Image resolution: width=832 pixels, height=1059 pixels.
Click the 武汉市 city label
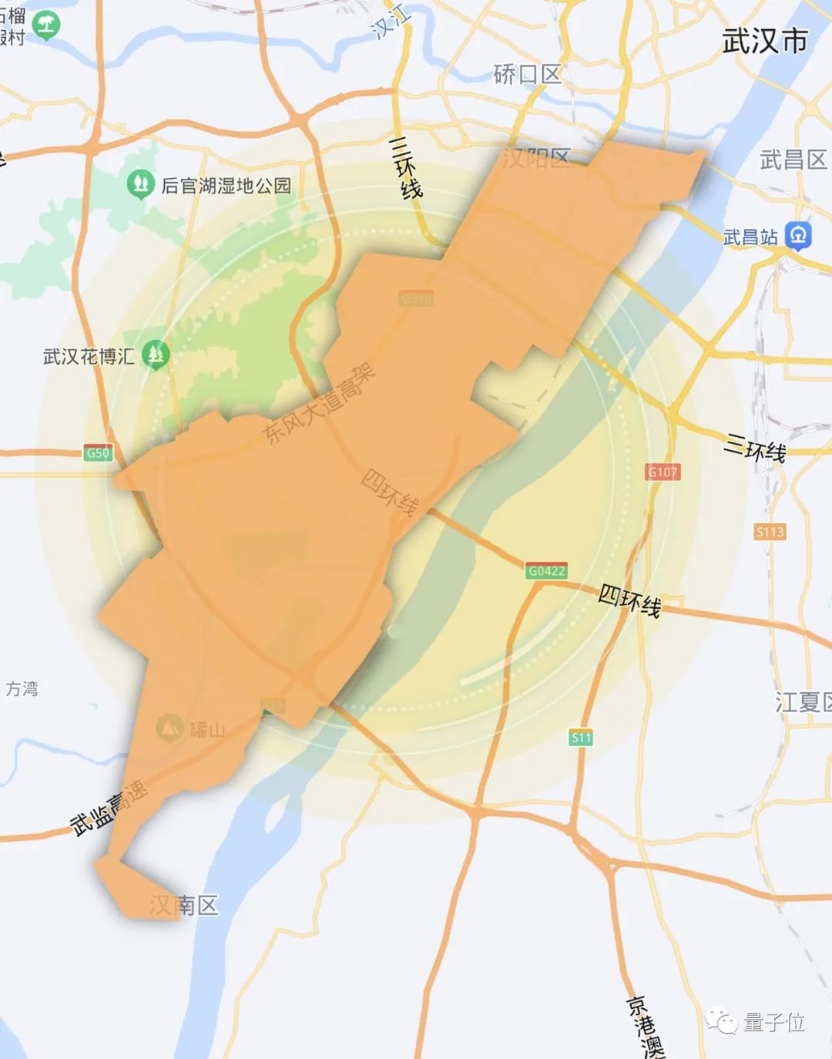point(764,41)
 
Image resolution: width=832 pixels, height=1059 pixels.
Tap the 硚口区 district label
point(528,75)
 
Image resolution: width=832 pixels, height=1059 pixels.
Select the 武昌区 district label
point(793,160)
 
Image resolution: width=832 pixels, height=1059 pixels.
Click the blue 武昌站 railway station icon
point(798,236)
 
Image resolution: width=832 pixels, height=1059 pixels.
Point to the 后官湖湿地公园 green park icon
point(139,184)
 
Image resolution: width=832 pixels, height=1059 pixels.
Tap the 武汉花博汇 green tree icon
point(157,355)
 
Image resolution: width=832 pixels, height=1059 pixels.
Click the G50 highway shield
point(98,452)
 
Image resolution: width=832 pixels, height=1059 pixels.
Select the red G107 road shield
point(663,472)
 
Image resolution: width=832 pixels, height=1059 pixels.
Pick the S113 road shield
point(770,532)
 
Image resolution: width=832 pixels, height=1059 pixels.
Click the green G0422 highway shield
point(547,571)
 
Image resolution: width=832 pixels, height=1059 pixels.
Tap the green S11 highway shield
point(582,738)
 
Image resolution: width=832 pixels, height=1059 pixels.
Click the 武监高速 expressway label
point(109,808)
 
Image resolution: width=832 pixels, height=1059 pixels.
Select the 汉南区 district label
point(184,905)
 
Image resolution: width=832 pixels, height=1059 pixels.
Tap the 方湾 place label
point(22,688)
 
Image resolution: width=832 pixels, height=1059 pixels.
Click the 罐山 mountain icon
point(169,728)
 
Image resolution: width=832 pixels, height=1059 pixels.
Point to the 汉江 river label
point(391,21)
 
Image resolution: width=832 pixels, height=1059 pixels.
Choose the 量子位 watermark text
point(773,1022)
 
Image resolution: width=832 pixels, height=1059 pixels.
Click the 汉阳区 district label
point(536,159)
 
